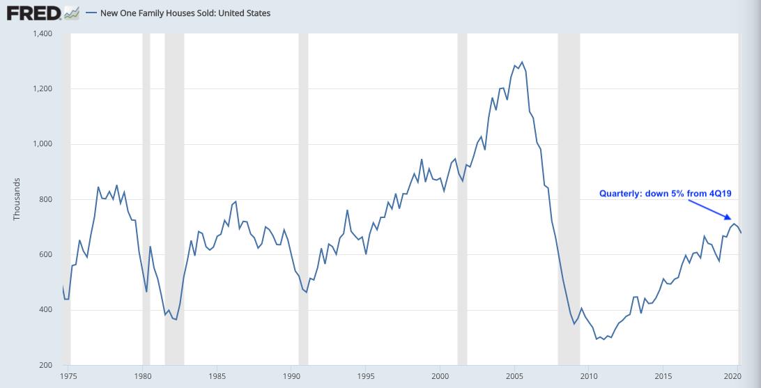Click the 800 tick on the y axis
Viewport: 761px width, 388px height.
pos(47,199)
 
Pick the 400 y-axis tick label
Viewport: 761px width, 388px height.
pos(47,310)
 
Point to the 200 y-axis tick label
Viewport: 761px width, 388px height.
pos(47,365)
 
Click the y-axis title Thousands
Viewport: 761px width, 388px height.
pos(17,199)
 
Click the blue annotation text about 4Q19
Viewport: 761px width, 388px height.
pos(665,194)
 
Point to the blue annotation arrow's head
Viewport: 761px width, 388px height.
pos(730,219)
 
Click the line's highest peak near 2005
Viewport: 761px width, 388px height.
pos(522,62)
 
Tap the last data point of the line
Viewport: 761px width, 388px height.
pos(741,233)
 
